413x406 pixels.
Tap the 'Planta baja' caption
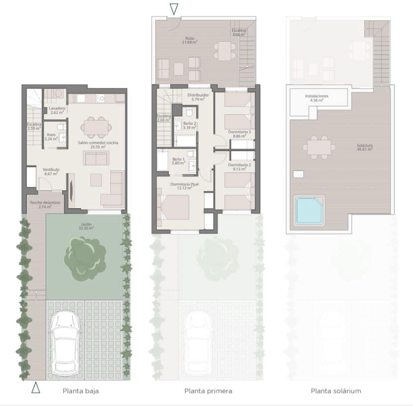click(x=81, y=391)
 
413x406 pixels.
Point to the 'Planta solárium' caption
click(x=336, y=391)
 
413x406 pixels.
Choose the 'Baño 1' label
click(x=178, y=160)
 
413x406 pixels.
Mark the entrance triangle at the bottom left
click(x=36, y=388)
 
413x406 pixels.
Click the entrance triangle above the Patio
click(x=173, y=8)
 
